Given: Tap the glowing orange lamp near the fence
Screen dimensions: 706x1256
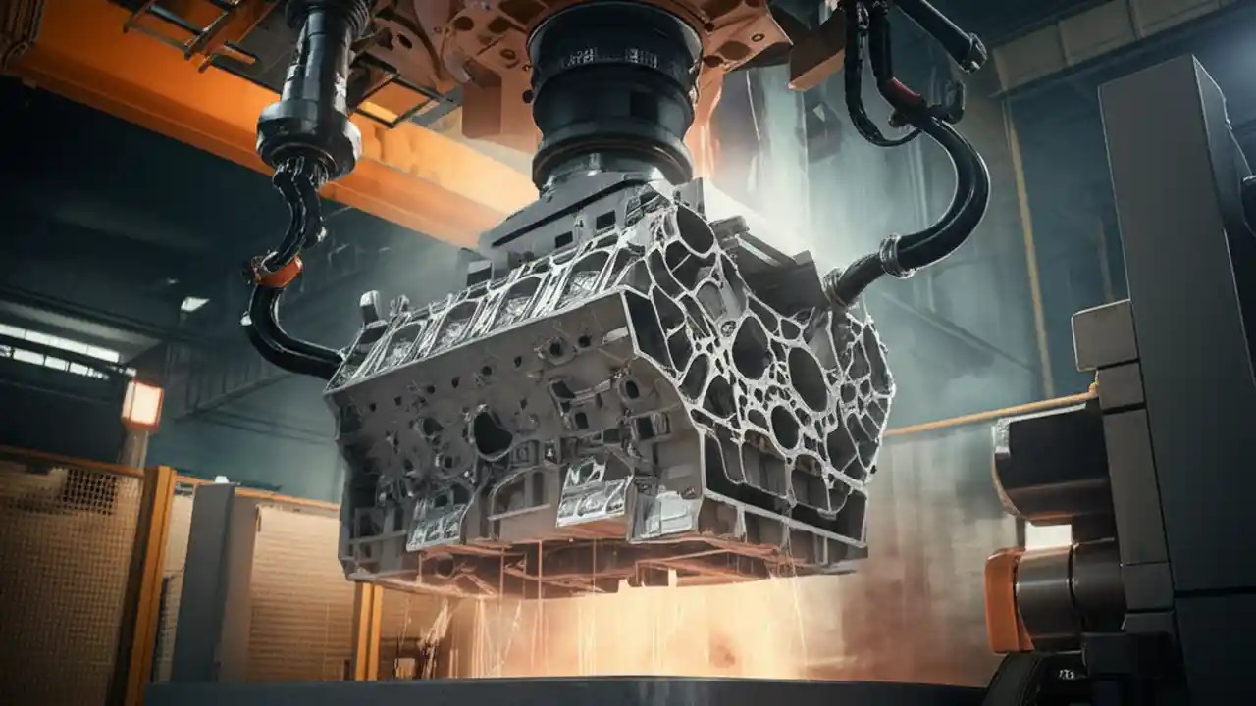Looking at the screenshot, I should click(142, 403).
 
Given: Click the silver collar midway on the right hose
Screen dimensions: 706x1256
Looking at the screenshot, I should click(895, 257).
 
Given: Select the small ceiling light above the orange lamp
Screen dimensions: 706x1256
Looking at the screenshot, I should click(193, 304).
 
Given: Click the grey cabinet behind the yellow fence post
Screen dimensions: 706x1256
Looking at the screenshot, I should click(211, 579).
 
